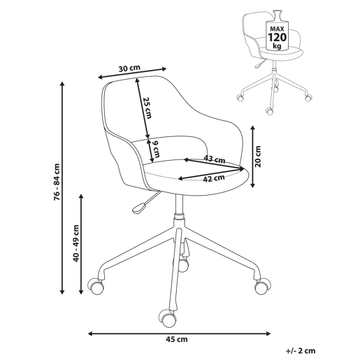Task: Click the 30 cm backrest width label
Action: (x=129, y=69)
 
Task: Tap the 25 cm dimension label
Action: (x=147, y=108)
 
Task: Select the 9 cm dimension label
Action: (x=156, y=150)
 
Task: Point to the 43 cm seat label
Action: (x=215, y=159)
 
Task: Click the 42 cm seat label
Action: (x=214, y=178)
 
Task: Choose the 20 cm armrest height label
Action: (x=258, y=157)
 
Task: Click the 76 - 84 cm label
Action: (x=57, y=182)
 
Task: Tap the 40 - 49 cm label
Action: (x=76, y=243)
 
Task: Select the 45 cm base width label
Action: (x=177, y=339)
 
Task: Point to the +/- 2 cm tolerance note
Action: (x=301, y=351)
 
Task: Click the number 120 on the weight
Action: (x=278, y=37)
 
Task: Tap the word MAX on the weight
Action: (x=278, y=29)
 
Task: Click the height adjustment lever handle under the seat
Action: (x=139, y=208)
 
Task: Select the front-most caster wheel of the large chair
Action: (x=166, y=317)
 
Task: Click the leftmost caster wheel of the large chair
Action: (x=95, y=287)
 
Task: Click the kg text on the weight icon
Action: (x=278, y=46)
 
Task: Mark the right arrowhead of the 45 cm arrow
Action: (x=268, y=333)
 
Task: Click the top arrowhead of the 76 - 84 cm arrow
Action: (x=62, y=85)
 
